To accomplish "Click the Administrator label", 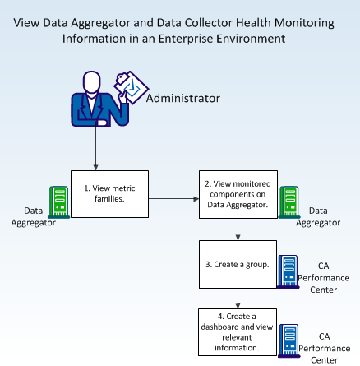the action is [183, 98].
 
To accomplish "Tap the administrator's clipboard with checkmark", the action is [132, 87].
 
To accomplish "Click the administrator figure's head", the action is [92, 82].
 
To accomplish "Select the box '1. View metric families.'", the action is [109, 194].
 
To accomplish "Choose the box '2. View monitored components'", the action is [238, 194].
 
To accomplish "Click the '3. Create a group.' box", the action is [238, 264].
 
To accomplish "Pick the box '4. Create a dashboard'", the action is [238, 332].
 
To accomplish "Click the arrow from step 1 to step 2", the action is [173, 199].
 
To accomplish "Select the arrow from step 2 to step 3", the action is [238, 229].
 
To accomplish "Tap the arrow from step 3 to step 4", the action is [238, 299].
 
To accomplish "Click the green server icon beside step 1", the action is [59, 202].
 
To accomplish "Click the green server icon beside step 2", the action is [289, 202].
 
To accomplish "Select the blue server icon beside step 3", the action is [288, 271].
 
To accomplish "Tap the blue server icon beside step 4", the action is [289, 341].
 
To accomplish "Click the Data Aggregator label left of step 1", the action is [34, 216].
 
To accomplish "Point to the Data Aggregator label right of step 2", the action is [318, 216].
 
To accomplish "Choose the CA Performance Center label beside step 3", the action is [324, 278].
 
